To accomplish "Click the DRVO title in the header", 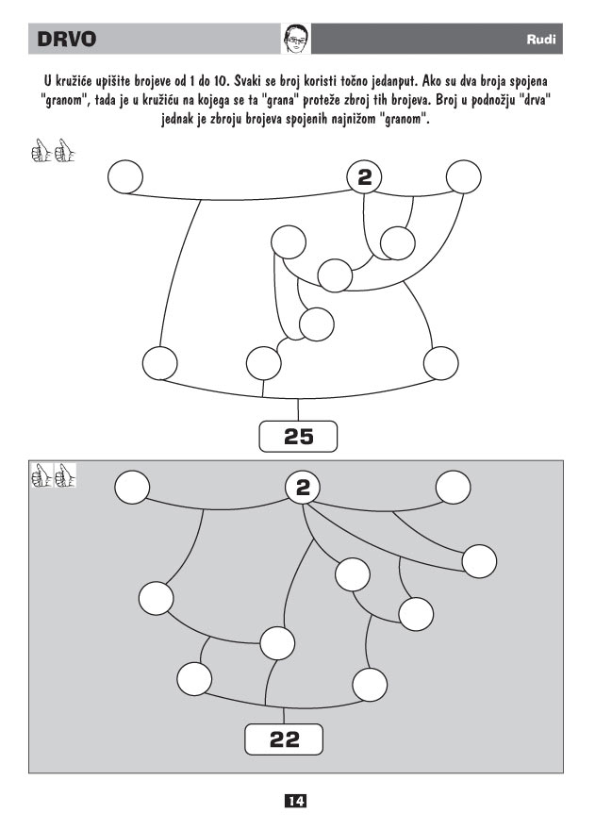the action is pyautogui.click(x=67, y=40).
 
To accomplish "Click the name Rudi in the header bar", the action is pyautogui.click(x=541, y=40).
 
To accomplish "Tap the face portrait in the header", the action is pyautogui.click(x=296, y=38).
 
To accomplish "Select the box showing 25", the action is pyautogui.click(x=298, y=437).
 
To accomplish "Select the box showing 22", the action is pyautogui.click(x=284, y=739).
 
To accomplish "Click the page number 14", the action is pyautogui.click(x=296, y=801).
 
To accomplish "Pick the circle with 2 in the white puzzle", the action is pyautogui.click(x=364, y=177).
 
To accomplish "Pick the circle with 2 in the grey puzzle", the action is pyautogui.click(x=303, y=488).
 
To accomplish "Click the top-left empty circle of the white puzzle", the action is pyautogui.click(x=125, y=177).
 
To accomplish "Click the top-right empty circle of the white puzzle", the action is pyautogui.click(x=464, y=176).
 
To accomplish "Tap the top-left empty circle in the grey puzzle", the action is pyautogui.click(x=132, y=487).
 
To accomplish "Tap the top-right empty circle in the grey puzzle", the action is pyautogui.click(x=454, y=487).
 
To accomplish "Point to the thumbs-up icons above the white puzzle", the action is pyautogui.click(x=53, y=150).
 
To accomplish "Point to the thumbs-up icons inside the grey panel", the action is pyautogui.click(x=54, y=475).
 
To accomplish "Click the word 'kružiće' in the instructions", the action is pyautogui.click(x=74, y=82).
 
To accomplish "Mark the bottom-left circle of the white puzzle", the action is pyautogui.click(x=160, y=362).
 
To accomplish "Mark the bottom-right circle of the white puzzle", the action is pyautogui.click(x=441, y=363).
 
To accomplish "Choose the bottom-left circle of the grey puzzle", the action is pyautogui.click(x=194, y=678).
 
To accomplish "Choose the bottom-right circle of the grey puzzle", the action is pyautogui.click(x=370, y=685).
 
